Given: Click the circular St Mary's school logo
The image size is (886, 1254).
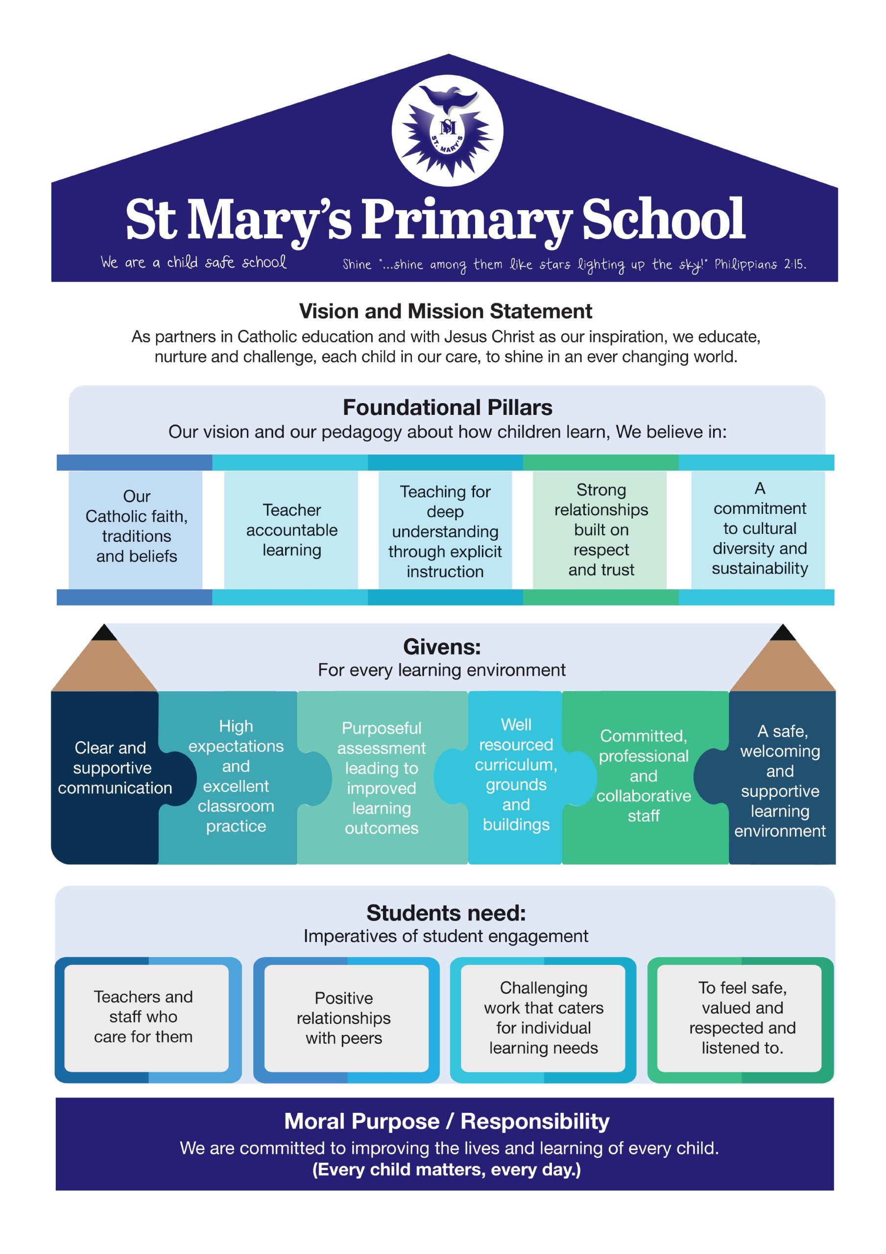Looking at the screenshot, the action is (x=447, y=130).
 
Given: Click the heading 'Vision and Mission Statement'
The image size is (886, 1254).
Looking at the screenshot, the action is (x=445, y=312).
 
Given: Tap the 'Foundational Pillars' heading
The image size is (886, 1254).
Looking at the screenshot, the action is (x=447, y=408).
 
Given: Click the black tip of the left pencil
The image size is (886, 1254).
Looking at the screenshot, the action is (x=104, y=632).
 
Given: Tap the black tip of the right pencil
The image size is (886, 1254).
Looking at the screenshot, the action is (x=783, y=632).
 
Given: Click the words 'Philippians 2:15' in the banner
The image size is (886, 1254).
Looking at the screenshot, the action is (x=760, y=265).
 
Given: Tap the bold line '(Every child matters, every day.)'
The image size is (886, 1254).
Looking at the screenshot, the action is (x=446, y=1169).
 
